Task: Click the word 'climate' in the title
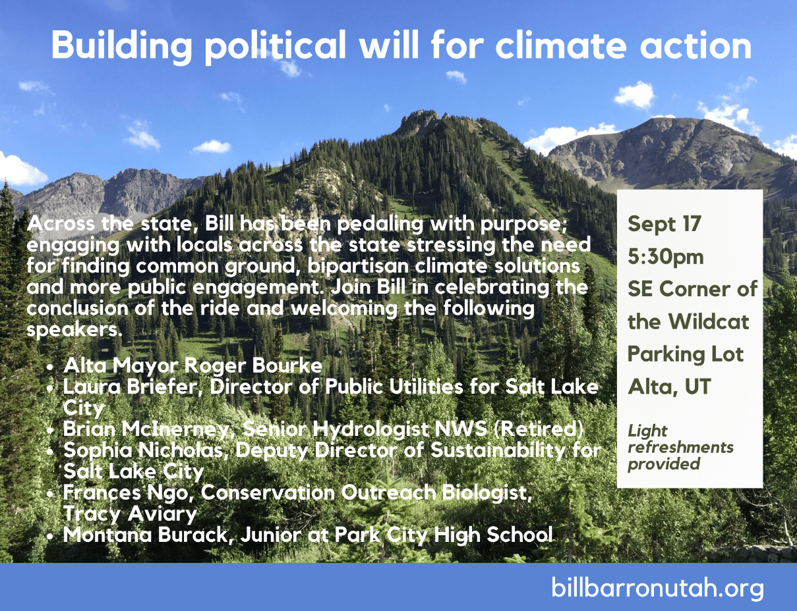tap(561, 46)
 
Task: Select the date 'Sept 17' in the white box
tap(664, 223)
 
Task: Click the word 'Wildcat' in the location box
tap(708, 321)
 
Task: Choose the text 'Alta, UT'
tap(669, 386)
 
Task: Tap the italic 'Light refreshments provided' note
tap(680, 447)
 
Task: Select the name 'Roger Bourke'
tap(253, 365)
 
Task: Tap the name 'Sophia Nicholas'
tap(144, 450)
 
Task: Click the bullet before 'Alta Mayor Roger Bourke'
tap(51, 367)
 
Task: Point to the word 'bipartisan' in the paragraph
tap(358, 266)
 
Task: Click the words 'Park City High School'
tap(444, 535)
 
